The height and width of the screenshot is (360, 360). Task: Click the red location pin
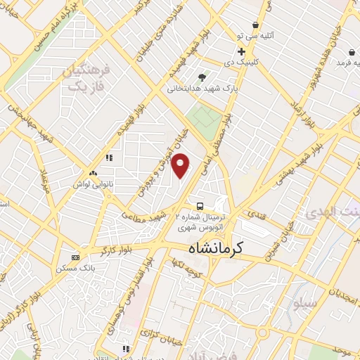click(x=181, y=165)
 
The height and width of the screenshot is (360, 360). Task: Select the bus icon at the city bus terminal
click(x=201, y=206)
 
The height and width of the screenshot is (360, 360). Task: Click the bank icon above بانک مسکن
click(x=76, y=257)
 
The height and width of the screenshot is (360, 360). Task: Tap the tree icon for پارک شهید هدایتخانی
click(x=202, y=77)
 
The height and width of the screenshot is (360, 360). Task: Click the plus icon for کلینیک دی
click(x=241, y=51)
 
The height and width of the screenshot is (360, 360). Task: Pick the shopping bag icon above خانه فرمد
click(x=349, y=52)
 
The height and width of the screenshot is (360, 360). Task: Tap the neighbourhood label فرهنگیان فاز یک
click(x=86, y=78)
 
